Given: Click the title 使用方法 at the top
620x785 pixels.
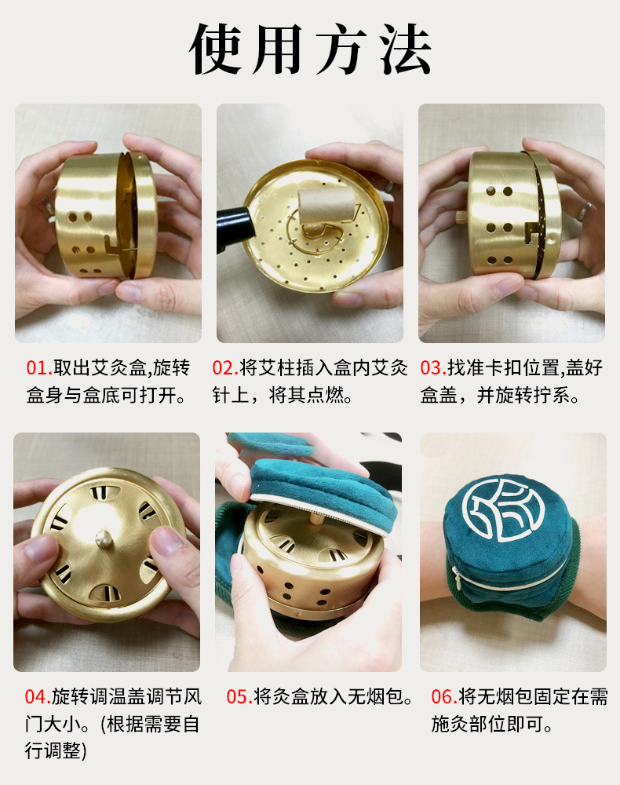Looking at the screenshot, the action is (310, 49).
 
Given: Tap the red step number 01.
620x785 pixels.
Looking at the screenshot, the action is (39, 368).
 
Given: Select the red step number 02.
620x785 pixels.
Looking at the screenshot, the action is (225, 368).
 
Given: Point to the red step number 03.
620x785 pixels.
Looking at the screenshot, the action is (433, 368).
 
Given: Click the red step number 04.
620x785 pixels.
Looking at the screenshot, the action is (38, 696).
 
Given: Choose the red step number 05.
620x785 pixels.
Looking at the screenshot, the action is (239, 696).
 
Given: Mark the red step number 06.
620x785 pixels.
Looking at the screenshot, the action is (444, 696).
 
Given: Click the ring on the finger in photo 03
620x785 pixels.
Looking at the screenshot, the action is (584, 211).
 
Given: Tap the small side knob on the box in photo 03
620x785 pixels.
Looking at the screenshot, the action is (461, 217).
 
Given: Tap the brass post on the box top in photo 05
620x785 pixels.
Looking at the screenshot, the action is (317, 517).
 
